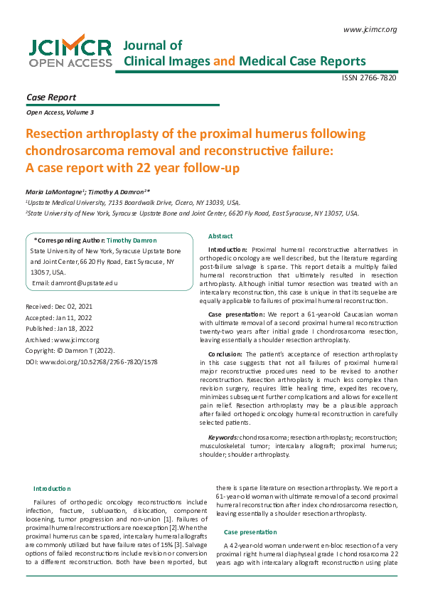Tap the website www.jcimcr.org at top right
[x=369, y=29]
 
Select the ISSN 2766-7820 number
[x=369, y=78]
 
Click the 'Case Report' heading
[x=50, y=97]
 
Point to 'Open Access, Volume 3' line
[x=60, y=112]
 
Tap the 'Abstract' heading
[x=220, y=236]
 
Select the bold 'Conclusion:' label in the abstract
[x=226, y=354]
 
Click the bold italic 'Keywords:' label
[x=223, y=437]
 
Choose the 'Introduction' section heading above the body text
[x=52, y=488]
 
